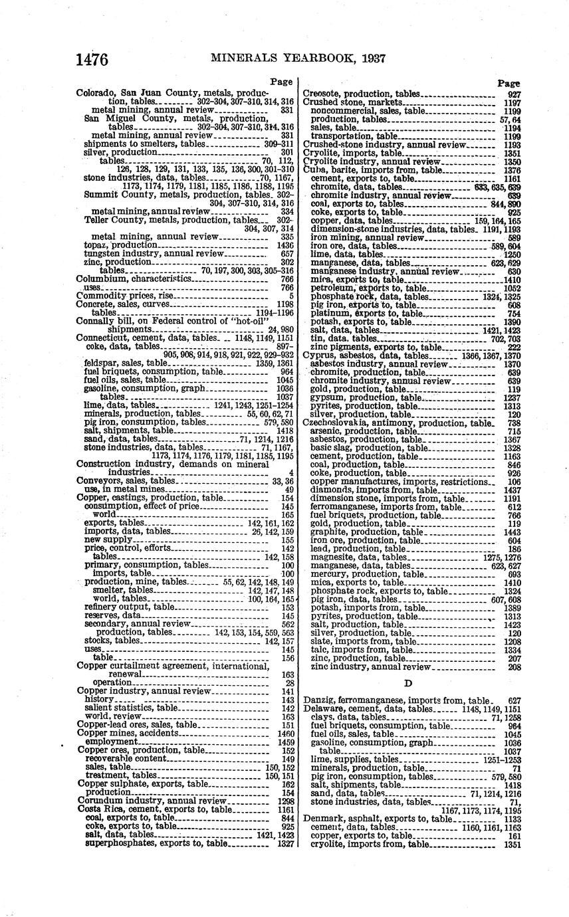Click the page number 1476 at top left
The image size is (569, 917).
(92, 59)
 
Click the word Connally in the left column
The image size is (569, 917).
(96, 320)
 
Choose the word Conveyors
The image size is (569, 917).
(100, 480)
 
